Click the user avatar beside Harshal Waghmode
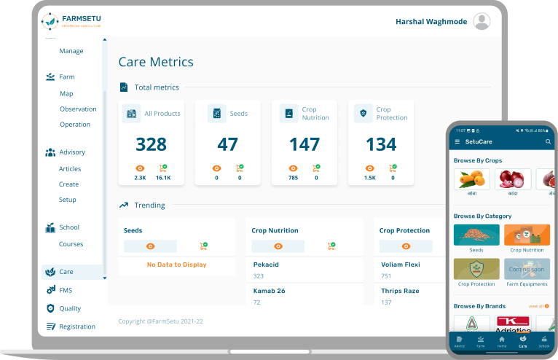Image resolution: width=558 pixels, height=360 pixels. [482, 22]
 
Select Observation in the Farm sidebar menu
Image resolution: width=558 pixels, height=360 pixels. [78, 109]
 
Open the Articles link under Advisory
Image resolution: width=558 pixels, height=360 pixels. [70, 169]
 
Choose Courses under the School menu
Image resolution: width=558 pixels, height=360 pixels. [71, 244]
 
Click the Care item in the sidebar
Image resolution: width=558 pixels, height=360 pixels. [66, 272]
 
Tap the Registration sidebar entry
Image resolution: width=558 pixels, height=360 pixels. [77, 326]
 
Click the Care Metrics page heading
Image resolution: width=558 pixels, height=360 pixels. [156, 62]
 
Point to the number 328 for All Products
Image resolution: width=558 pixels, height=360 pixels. [152, 144]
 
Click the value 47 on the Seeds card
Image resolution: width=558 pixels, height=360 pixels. [228, 144]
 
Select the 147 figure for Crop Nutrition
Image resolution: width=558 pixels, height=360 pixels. [304, 144]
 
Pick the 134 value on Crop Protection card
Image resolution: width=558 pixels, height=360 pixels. [381, 144]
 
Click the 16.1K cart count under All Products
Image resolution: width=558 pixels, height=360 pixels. [163, 177]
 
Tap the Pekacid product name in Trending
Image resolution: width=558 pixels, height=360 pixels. [266, 265]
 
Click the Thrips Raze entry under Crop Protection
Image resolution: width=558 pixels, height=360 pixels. [400, 291]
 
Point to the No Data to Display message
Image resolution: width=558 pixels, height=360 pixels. [176, 265]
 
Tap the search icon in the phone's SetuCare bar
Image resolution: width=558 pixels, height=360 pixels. [548, 141]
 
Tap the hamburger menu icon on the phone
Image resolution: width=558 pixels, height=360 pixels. [457, 141]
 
